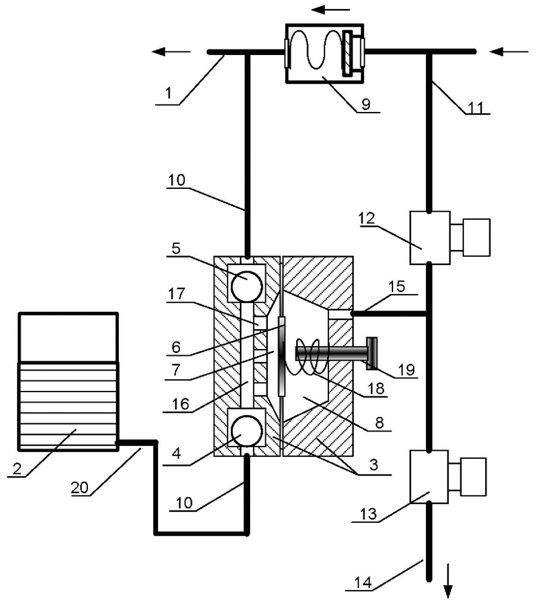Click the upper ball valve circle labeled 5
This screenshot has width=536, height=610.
[247, 286]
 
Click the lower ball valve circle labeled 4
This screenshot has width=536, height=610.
[247, 431]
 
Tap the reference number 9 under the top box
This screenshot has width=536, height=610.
[366, 104]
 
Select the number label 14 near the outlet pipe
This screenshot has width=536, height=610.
[363, 583]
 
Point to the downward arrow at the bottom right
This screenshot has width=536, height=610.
[448, 580]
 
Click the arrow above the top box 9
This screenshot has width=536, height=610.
[331, 10]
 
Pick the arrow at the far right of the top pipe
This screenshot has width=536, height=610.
[509, 51]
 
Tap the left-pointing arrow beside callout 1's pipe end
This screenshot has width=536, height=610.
[171, 52]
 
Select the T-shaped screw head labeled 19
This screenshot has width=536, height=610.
[371, 353]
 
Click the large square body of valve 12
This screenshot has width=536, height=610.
[429, 238]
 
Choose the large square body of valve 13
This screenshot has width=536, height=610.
[429, 477]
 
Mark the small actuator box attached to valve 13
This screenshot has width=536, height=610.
[473, 477]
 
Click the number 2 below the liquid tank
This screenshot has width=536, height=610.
[16, 468]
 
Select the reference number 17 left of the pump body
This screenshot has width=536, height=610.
[176, 294]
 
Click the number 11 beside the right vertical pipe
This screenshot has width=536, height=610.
[475, 107]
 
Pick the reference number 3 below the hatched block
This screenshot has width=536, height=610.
[373, 464]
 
